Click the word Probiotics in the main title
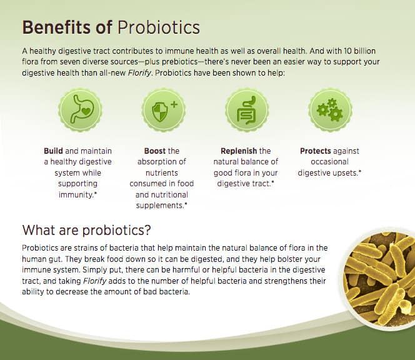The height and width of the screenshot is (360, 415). pos(159,27)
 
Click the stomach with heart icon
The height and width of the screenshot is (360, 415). pos(80,110)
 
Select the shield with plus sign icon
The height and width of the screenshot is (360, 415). pos(163,110)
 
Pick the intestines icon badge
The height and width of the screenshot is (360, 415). pos(247,110)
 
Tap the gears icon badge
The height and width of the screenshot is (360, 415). pos(330,110)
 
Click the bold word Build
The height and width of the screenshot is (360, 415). pos(54,151)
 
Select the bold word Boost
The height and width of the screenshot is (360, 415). pos(155,151)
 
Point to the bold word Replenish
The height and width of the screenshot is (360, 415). pos(239,151)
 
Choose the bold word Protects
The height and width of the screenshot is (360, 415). pos(316,151)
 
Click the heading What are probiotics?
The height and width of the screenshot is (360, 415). pos(86,230)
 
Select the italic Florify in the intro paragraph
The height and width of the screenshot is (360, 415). pos(139,72)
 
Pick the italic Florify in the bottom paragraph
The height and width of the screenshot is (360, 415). pos(95,281)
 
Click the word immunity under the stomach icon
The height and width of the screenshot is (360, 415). pos(76,195)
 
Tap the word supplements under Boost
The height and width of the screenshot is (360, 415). pos(159,206)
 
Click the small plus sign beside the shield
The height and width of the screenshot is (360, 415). pos(174,104)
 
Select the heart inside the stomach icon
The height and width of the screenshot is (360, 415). pos(86,111)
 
